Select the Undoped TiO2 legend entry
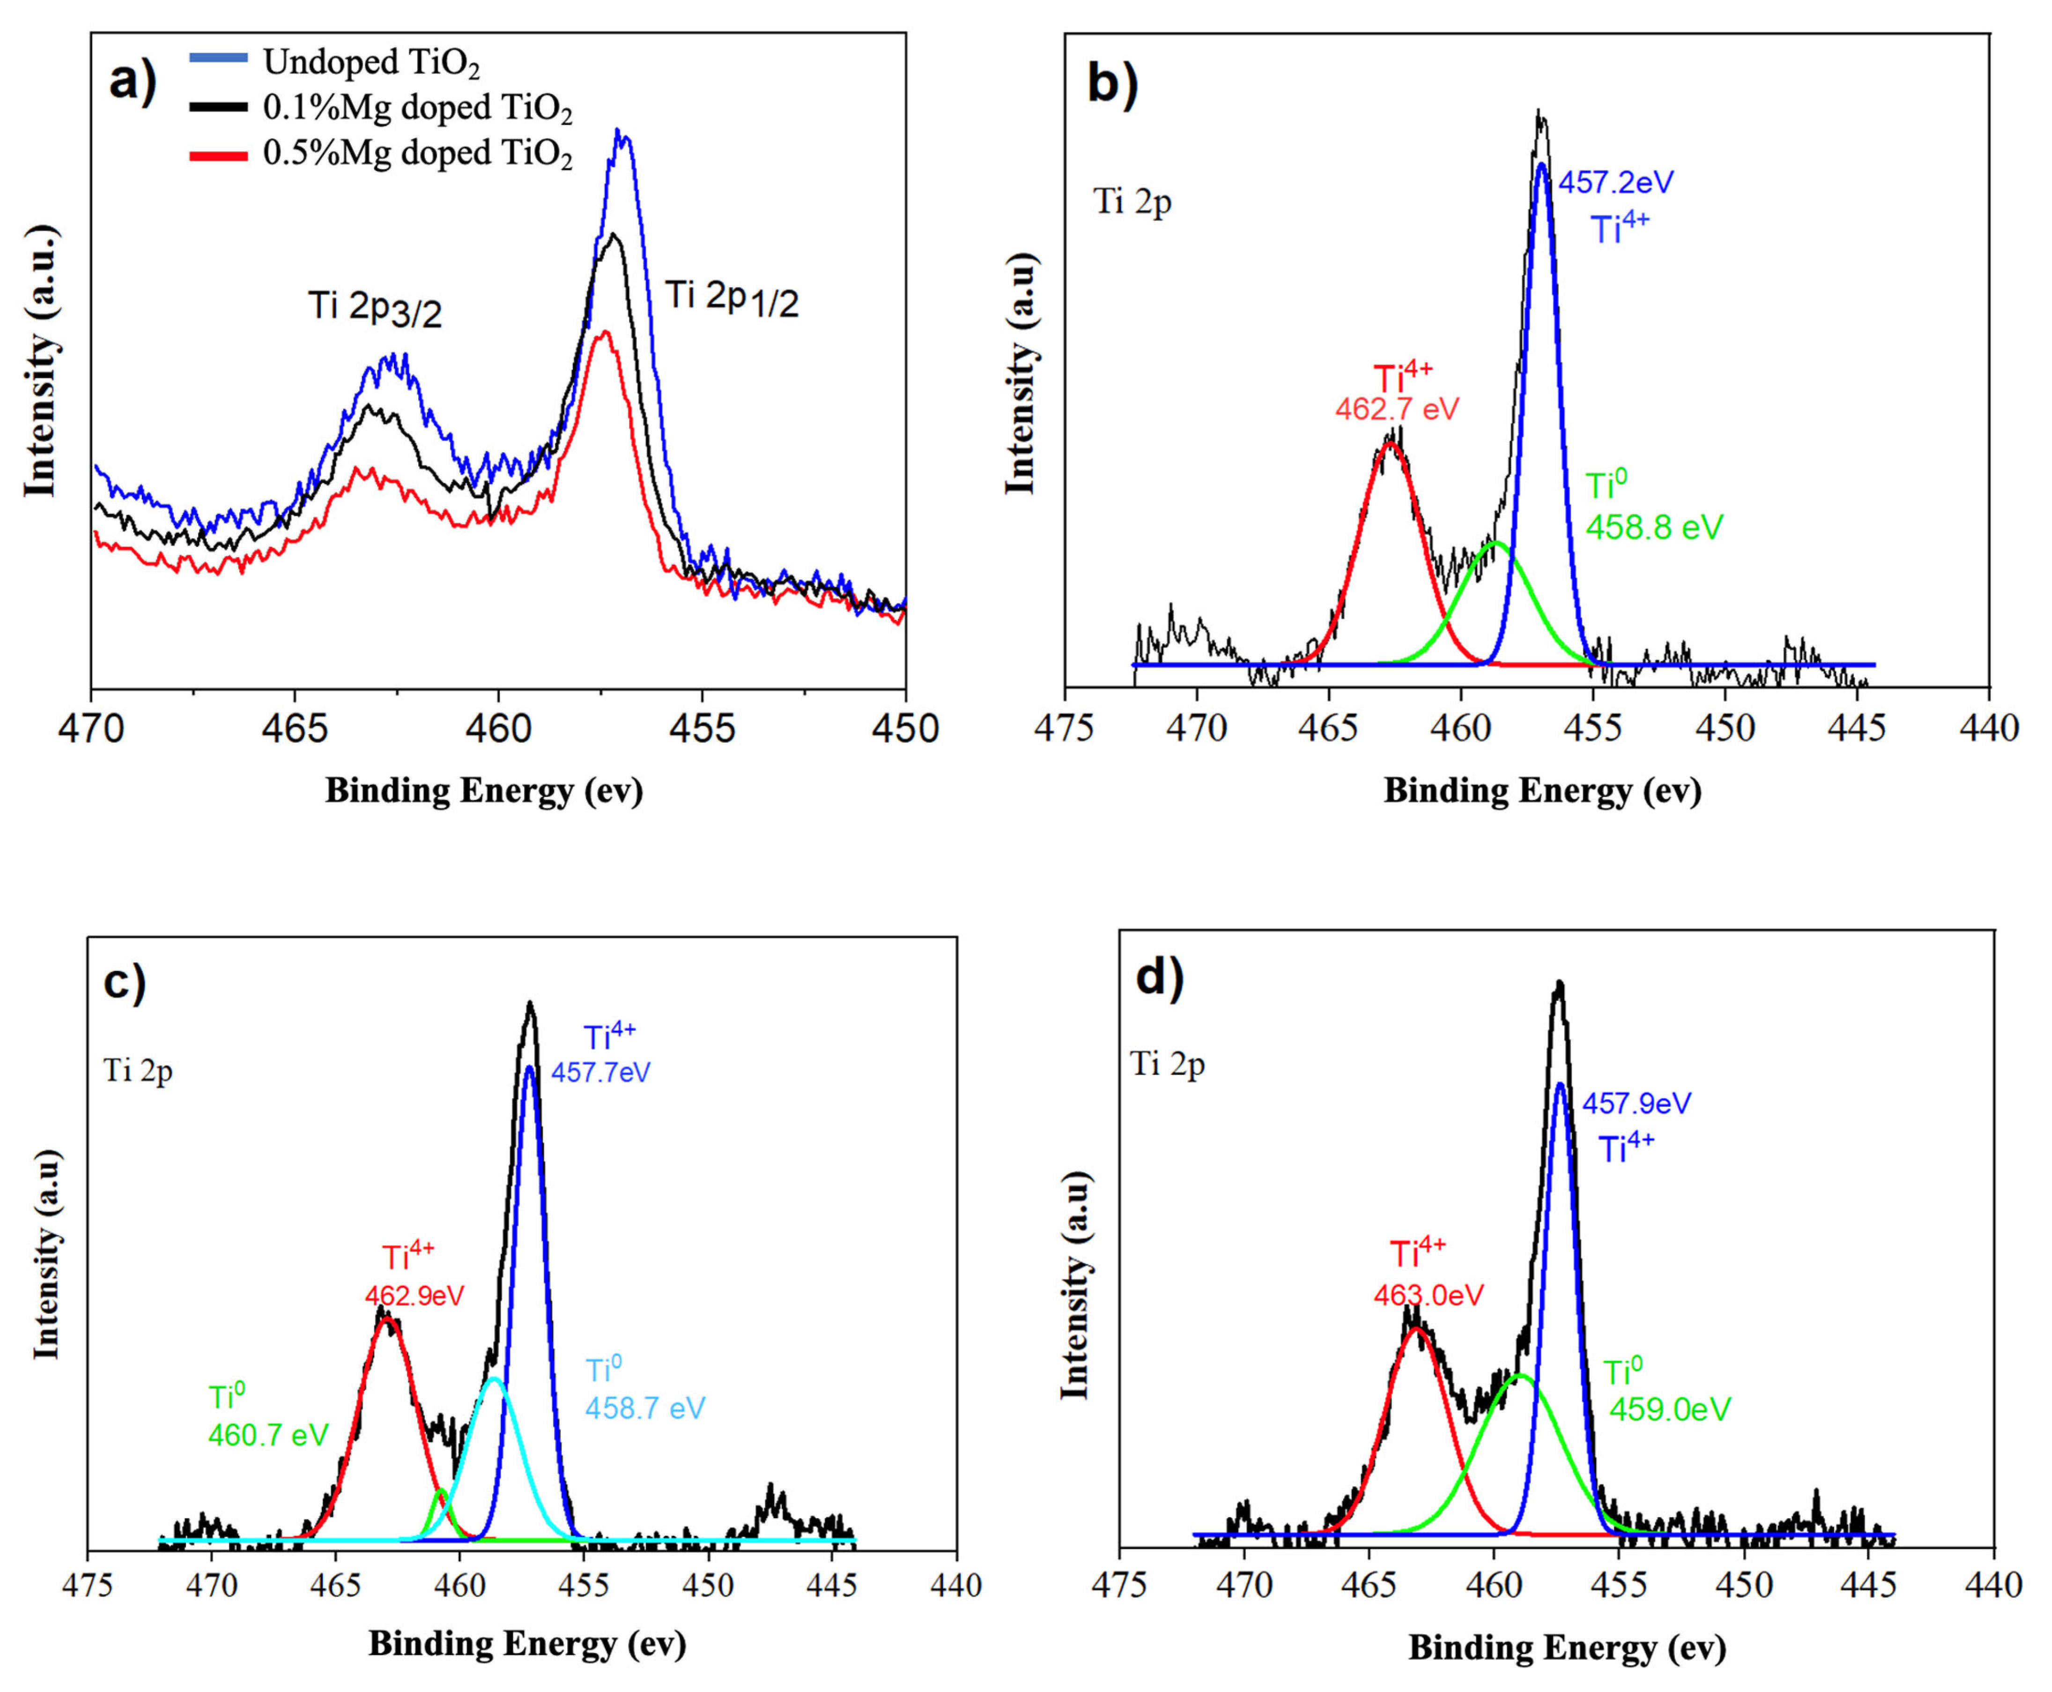(370, 62)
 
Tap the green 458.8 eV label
(1653, 527)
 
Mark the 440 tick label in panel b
(1989, 728)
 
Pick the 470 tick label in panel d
(1243, 1586)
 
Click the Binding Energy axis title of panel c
(527, 1644)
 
